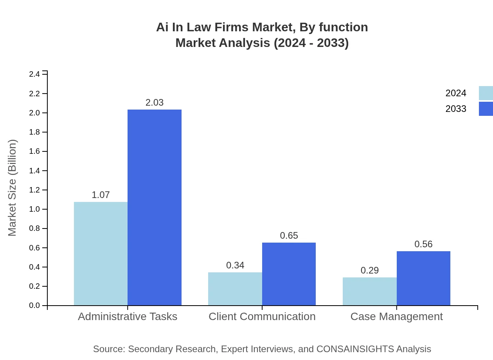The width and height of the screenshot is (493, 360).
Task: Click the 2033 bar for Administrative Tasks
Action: (x=155, y=207)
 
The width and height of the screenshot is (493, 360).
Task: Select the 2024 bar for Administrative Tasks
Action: (x=101, y=254)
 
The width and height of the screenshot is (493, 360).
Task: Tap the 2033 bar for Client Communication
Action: (x=289, y=274)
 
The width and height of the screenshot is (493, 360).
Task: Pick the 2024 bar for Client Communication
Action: (x=235, y=289)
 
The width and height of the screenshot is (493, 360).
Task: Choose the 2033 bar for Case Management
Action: (x=423, y=278)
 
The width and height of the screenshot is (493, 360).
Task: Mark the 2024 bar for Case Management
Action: (x=369, y=292)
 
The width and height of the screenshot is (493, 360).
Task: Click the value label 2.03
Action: (x=155, y=103)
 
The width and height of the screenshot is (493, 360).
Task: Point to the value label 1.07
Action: (x=101, y=195)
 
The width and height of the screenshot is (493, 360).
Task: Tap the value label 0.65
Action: (x=289, y=236)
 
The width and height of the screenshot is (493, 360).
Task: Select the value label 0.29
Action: (x=369, y=270)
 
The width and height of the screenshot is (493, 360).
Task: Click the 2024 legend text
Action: (x=456, y=93)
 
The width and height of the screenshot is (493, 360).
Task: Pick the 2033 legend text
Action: (x=456, y=109)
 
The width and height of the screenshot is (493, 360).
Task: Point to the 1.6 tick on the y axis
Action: (x=34, y=151)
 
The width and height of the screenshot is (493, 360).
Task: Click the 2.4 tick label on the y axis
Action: (x=34, y=74)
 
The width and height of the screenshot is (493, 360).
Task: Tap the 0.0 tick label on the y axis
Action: (x=34, y=306)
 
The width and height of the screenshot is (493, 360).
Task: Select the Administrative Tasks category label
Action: (x=128, y=317)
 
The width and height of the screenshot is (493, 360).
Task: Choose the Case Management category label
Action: (x=396, y=317)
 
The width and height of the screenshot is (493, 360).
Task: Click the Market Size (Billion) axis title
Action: (x=13, y=188)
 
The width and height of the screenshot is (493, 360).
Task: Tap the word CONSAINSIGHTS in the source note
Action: (x=355, y=349)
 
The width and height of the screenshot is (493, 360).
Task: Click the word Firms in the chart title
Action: (x=230, y=27)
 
